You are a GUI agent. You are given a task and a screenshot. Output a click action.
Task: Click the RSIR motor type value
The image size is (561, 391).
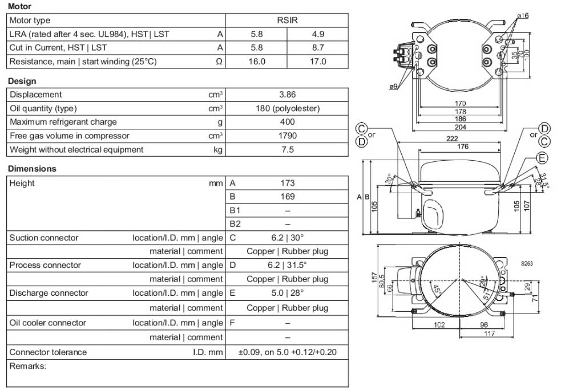(x=287, y=21)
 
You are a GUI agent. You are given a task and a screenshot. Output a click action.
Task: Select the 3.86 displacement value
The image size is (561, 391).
(x=287, y=95)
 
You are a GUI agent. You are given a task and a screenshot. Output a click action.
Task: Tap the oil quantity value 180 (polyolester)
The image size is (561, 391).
(x=287, y=108)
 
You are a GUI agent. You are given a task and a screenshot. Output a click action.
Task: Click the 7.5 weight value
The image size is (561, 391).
(x=287, y=149)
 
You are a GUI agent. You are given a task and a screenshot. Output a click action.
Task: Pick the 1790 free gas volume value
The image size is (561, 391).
(x=287, y=136)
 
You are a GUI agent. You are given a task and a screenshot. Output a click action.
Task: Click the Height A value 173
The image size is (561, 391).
(x=287, y=183)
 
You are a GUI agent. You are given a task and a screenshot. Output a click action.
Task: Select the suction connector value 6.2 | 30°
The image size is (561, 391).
(x=287, y=238)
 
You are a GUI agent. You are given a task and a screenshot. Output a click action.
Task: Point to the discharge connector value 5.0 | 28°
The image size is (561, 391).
(x=287, y=293)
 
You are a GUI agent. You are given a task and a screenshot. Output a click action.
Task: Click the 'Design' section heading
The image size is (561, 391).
(x=22, y=81)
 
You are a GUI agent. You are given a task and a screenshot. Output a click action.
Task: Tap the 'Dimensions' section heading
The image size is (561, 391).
(x=32, y=169)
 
